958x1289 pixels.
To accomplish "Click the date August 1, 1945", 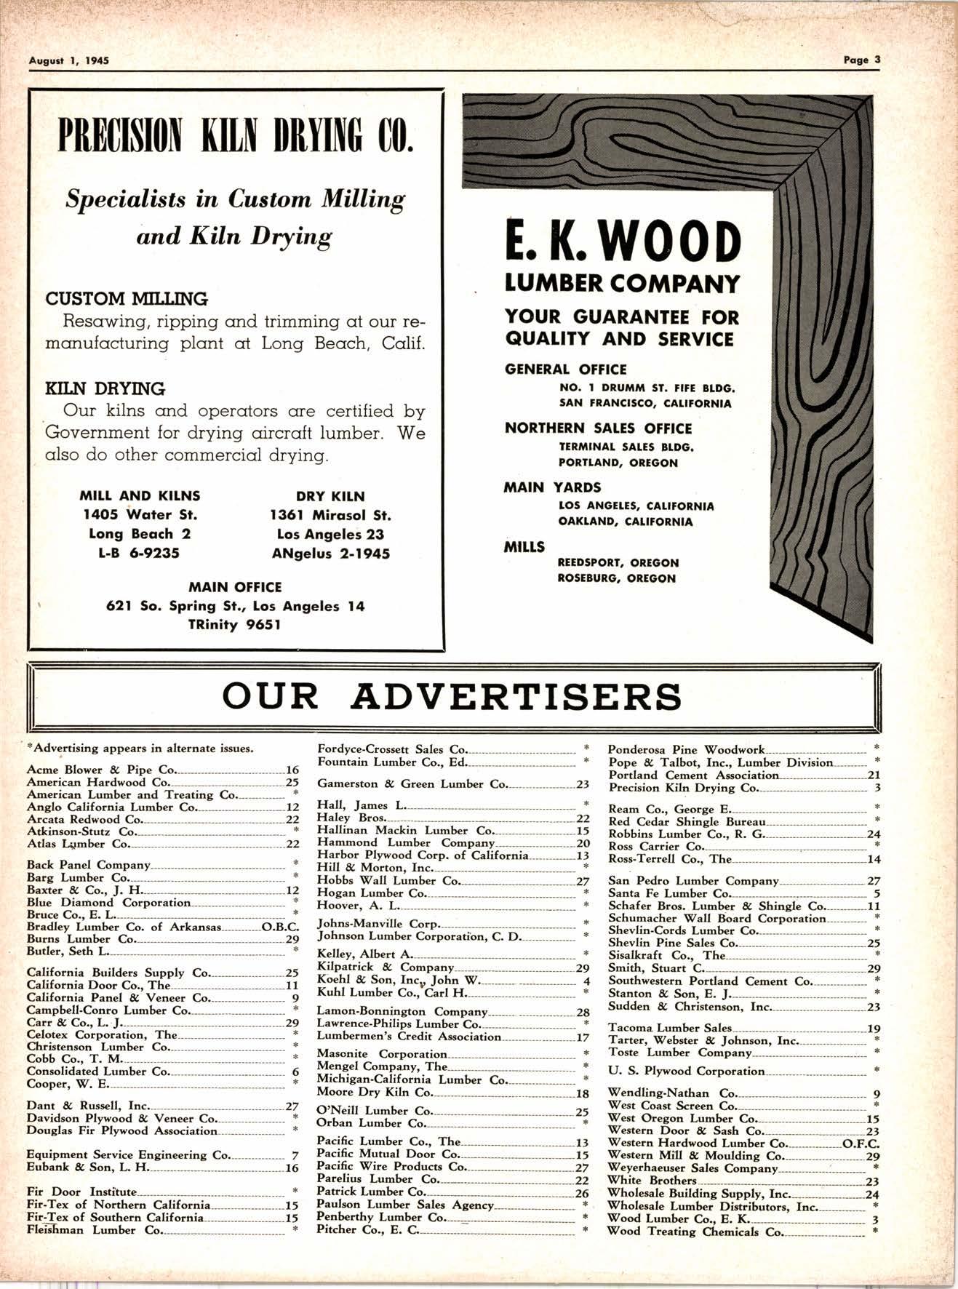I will coord(68,61).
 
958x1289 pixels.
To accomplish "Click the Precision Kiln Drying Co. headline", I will coord(236,136).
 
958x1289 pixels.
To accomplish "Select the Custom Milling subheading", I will coord(127,299).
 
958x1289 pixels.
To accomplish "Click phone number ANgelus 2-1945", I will coord(331,554).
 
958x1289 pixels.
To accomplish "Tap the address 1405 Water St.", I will coord(140,515).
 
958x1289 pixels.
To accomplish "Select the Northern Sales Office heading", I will coord(598,428).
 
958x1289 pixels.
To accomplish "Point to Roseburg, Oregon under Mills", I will coord(617,578).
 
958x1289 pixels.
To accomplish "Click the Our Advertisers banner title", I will coord(452,696).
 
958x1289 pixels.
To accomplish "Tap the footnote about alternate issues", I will coord(140,748).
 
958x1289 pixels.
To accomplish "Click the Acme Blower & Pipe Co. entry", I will coord(101,770).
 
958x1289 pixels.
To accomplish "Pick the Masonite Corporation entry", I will coord(382,1054).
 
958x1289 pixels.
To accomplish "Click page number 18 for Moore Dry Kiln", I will coord(582,1093).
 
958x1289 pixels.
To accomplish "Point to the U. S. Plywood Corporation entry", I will coord(686,1071).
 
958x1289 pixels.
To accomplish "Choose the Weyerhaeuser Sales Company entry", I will coord(692,1168).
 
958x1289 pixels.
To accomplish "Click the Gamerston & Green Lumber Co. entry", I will coord(412,784).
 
